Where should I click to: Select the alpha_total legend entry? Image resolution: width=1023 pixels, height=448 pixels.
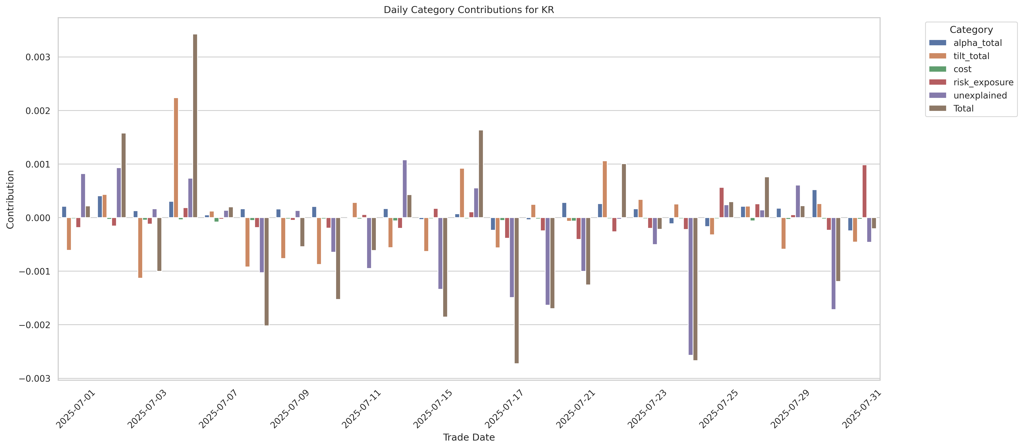977,43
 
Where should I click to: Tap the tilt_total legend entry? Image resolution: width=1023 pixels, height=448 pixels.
971,56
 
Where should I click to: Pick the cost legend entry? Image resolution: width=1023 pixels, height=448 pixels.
962,69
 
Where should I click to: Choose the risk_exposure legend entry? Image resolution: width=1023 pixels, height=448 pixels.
983,82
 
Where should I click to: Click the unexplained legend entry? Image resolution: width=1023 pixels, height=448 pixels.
980,95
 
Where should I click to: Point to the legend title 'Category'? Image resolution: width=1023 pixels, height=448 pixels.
971,30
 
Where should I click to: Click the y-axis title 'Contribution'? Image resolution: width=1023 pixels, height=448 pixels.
10,199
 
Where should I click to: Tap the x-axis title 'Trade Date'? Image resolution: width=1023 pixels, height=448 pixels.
469,437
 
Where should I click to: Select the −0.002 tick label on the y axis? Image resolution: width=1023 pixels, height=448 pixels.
35,325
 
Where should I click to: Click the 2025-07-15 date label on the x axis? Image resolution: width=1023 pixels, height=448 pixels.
433,409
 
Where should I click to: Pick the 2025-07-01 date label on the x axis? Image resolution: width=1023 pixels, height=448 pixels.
76,409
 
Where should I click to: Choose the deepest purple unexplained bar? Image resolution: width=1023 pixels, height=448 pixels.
691,286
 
